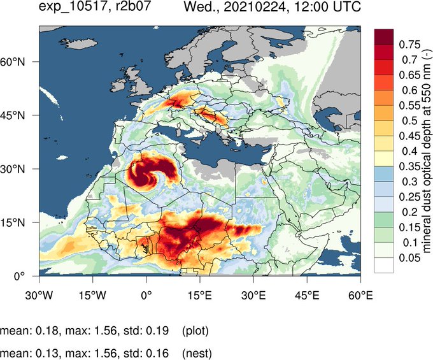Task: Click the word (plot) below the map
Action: pyautogui.click(x=195, y=331)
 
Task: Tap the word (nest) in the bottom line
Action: pyautogui.click(x=195, y=352)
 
